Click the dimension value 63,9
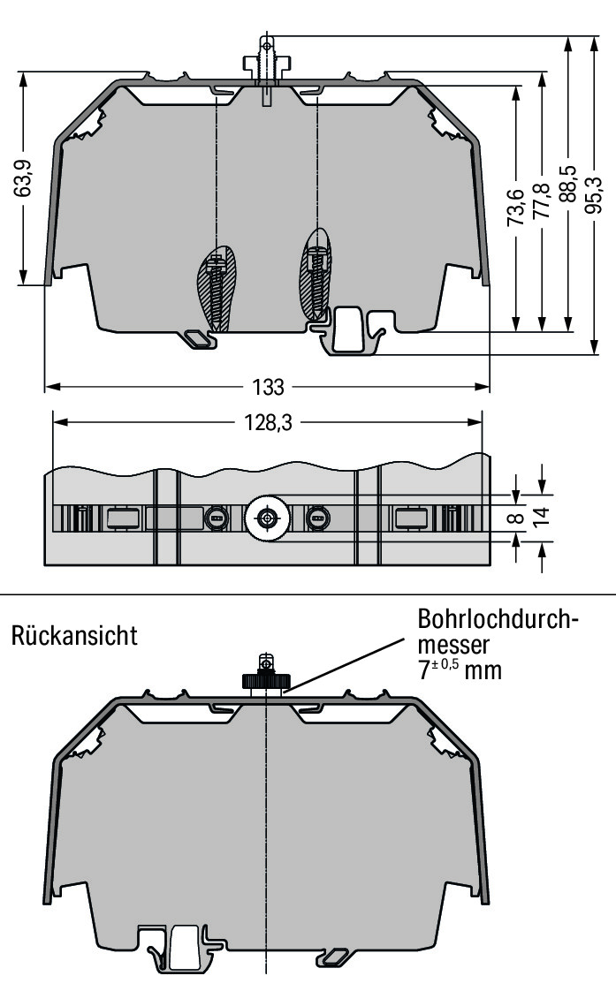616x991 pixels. click(x=27, y=178)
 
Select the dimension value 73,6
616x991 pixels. click(x=516, y=208)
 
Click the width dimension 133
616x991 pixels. click(x=268, y=388)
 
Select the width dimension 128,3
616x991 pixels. click(x=267, y=423)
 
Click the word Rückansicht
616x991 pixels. click(x=74, y=636)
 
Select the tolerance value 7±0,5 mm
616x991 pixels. click(x=459, y=669)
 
